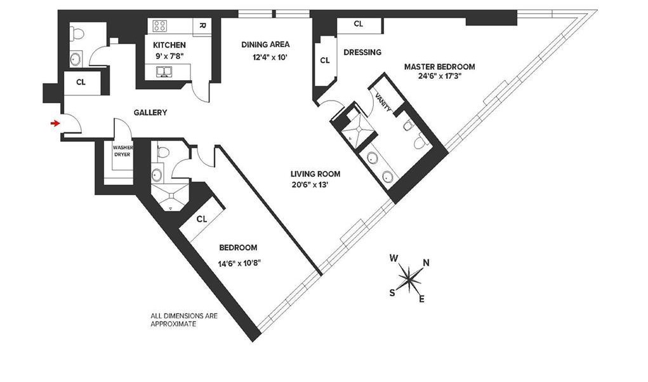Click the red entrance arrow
coord(56,123)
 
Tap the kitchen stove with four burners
coord(159,26)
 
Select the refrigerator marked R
coord(201,26)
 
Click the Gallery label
coord(150,113)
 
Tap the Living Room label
coord(315,174)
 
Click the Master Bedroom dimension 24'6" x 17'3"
coord(439,77)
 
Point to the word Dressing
coord(362,53)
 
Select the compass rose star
coord(410,276)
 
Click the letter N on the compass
coord(426,263)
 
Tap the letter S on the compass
coord(392,292)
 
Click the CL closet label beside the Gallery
coord(81,82)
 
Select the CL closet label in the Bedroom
coord(202,219)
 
